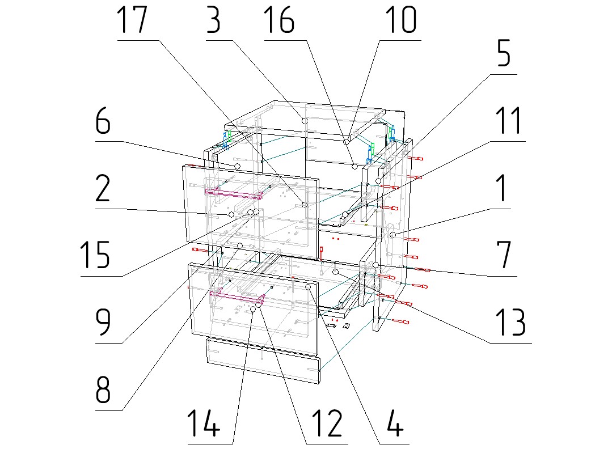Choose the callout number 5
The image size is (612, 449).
500,54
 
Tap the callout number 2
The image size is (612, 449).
103,190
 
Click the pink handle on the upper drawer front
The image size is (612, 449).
233,194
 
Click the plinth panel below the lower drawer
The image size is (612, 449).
263,361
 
